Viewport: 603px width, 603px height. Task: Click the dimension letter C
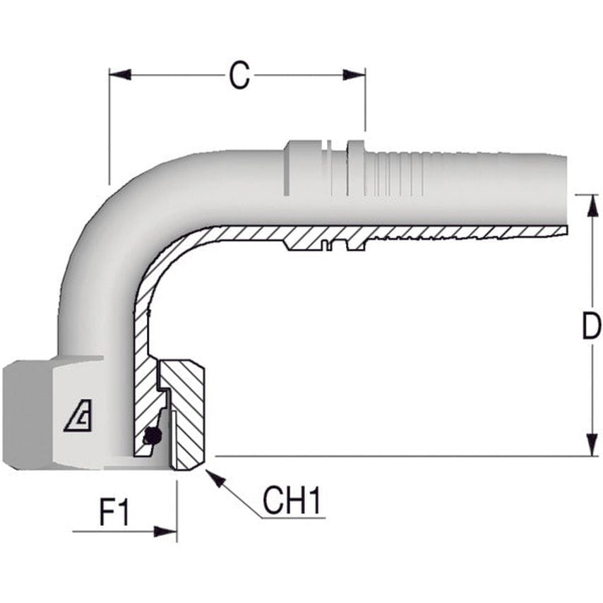[239, 76]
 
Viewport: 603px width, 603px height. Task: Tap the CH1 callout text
[292, 501]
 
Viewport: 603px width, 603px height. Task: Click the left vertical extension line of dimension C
[109, 127]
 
